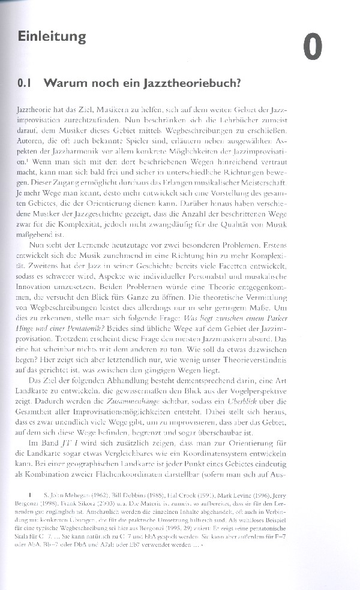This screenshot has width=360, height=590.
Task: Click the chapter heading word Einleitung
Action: point(52,36)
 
